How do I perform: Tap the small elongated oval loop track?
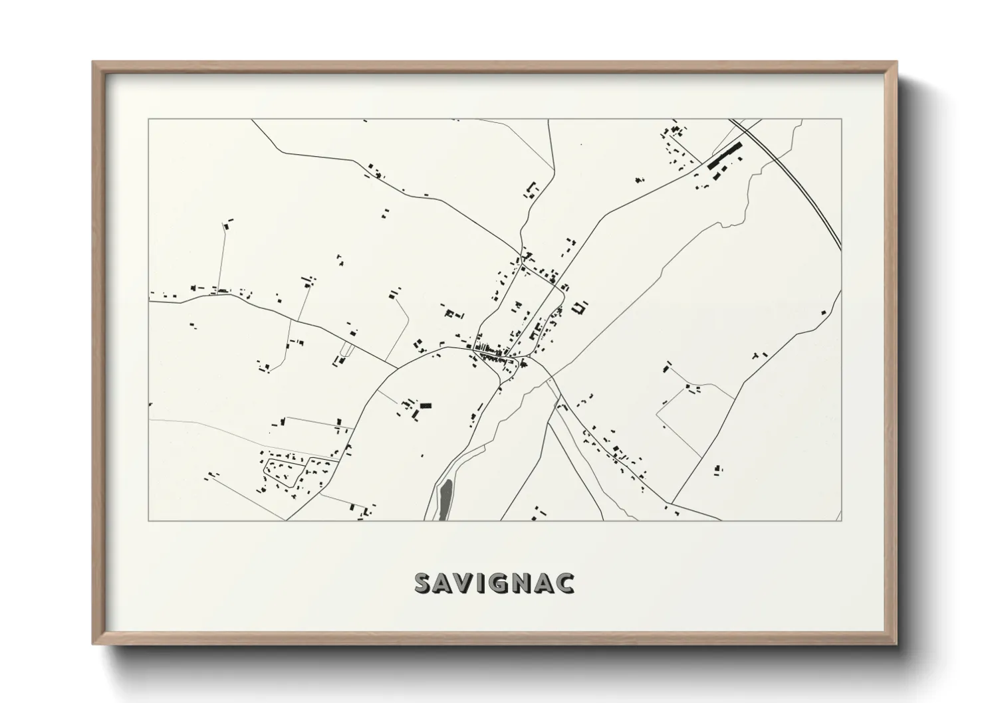click(x=346, y=348)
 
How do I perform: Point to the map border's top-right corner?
click(x=841, y=119)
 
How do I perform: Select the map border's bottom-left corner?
click(x=149, y=520)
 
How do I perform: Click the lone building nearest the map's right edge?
click(x=824, y=312)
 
